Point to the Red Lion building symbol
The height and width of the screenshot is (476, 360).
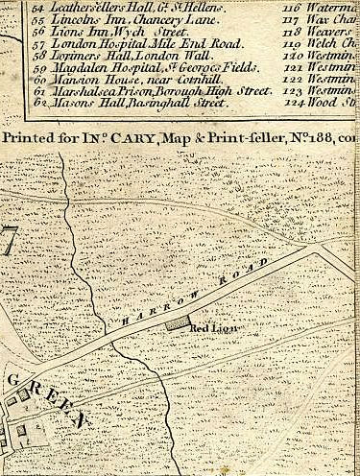tap(176, 325)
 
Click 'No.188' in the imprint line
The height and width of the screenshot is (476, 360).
tap(306, 138)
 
